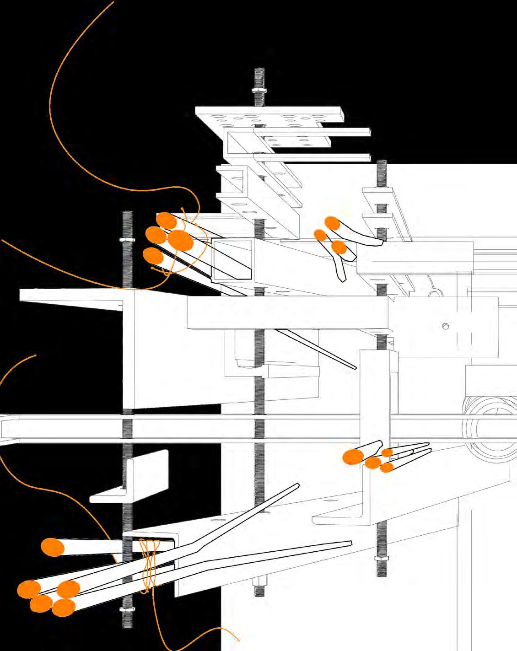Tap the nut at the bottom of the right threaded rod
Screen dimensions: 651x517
pyautogui.click(x=382, y=558)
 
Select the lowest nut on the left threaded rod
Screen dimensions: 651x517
pyautogui.click(x=127, y=609)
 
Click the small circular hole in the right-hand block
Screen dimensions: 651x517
pyautogui.click(x=446, y=326)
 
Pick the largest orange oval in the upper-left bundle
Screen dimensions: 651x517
pyautogui.click(x=180, y=241)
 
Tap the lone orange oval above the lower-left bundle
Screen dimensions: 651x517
pyautogui.click(x=53, y=547)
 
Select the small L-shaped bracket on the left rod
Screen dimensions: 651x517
pyautogui.click(x=130, y=478)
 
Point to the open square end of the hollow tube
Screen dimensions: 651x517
pyautogui.click(x=232, y=259)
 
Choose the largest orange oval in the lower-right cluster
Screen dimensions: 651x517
pyautogui.click(x=353, y=457)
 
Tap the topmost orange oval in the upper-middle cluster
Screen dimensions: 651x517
pyautogui.click(x=332, y=223)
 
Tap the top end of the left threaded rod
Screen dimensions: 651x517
pyautogui.click(x=128, y=213)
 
